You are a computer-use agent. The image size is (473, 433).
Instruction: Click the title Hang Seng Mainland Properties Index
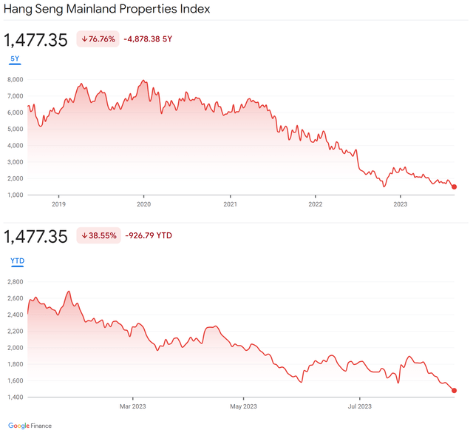tap(107, 10)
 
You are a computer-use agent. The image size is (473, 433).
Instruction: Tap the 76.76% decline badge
tap(98, 39)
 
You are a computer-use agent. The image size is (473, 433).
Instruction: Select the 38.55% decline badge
tap(98, 236)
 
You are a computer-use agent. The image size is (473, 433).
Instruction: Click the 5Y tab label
tap(15, 58)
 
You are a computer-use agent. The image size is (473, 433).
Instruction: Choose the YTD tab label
tap(16, 261)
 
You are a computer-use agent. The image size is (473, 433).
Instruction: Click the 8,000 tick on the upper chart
tap(16, 79)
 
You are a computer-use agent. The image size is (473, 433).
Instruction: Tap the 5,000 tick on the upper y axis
tap(16, 129)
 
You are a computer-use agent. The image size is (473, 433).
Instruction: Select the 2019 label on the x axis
tap(58, 204)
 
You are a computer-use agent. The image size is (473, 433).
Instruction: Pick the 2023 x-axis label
tap(401, 204)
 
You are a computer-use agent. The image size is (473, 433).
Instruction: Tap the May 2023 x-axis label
tap(244, 406)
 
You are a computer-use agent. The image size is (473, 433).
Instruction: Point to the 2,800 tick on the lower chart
tap(16, 282)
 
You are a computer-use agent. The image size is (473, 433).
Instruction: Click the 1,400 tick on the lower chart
tap(16, 397)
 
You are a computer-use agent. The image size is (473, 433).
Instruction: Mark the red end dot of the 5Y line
tap(454, 187)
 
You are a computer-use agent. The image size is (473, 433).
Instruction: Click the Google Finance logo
tap(30, 426)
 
